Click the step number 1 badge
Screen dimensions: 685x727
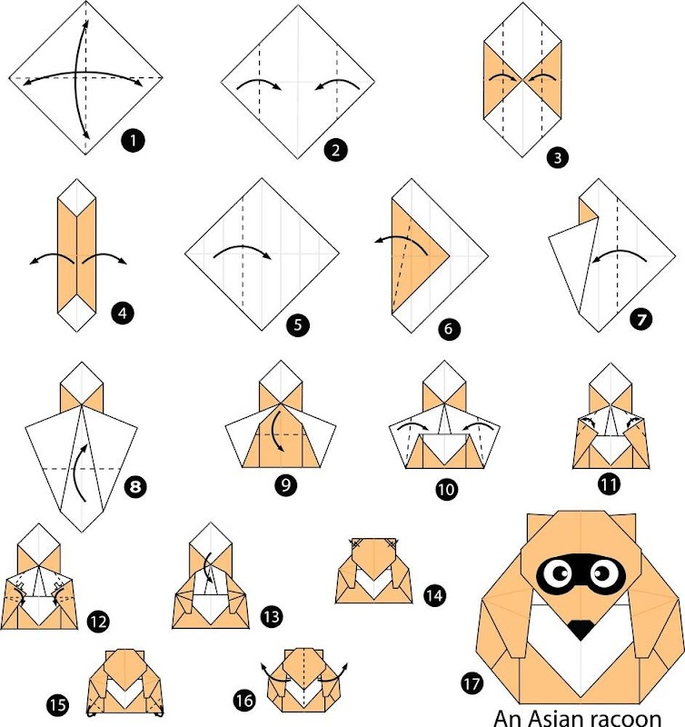[x=133, y=140]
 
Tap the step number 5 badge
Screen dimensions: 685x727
[x=298, y=324]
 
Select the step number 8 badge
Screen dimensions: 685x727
[x=135, y=487]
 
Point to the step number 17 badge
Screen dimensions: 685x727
[x=472, y=683]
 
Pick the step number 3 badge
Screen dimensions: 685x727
[x=558, y=157]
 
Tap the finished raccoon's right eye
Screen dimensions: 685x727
[x=602, y=573]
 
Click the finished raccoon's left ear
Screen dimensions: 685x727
[x=538, y=526]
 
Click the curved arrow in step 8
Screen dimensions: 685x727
[x=79, y=471]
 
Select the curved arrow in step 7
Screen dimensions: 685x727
[x=620, y=253]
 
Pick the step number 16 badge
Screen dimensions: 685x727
[x=244, y=700]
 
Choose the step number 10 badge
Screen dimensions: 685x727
[x=446, y=489]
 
